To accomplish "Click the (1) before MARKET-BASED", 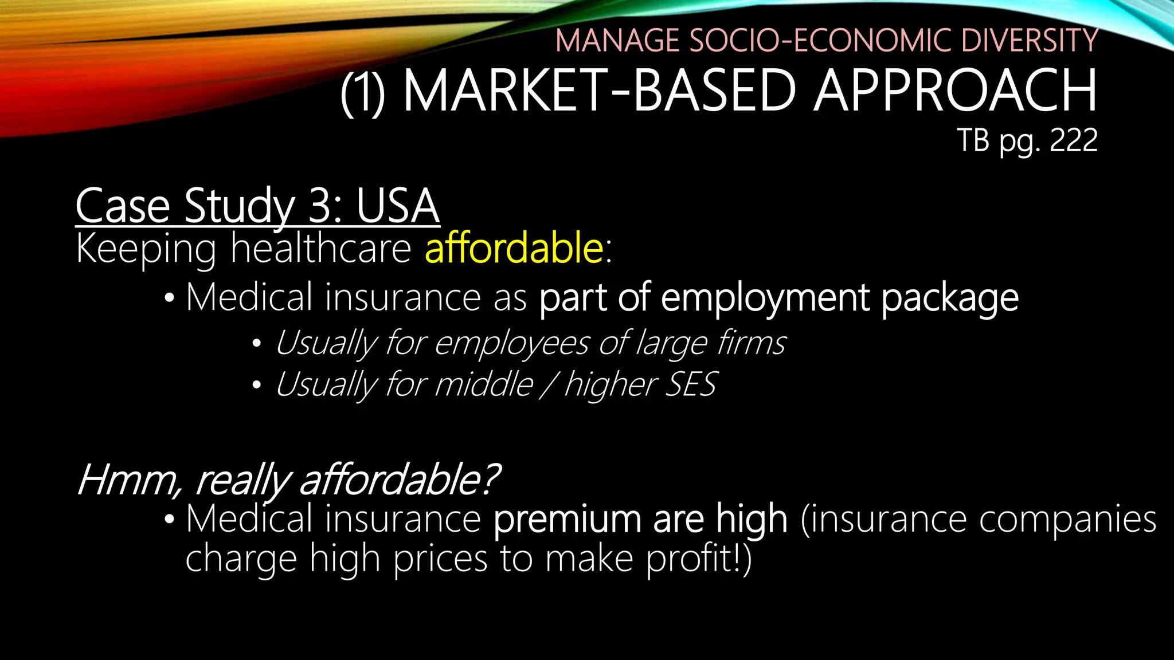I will pyautogui.click(x=363, y=92).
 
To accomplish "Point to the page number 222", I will pyautogui.click(x=1074, y=140).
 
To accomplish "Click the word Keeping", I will pyautogui.click(x=146, y=250).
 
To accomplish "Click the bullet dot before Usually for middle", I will pyautogui.click(x=256, y=386).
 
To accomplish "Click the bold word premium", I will pyautogui.click(x=566, y=520).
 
